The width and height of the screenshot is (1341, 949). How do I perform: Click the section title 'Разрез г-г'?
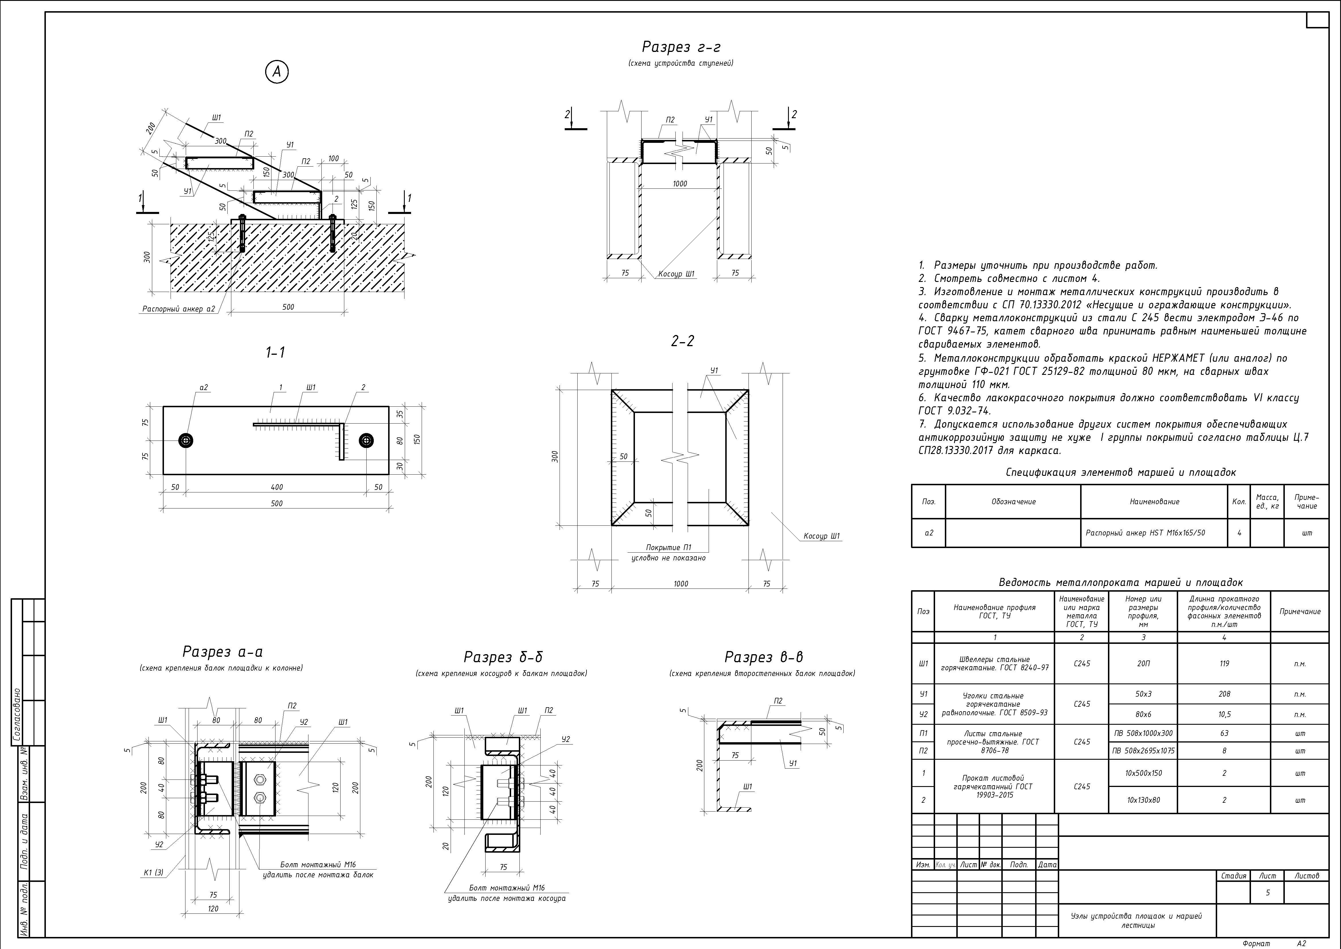tap(681, 47)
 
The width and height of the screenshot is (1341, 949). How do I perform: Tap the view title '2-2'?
tap(682, 341)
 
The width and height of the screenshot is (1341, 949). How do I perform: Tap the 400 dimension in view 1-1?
tap(277, 487)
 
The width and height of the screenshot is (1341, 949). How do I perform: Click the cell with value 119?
tap(1224, 663)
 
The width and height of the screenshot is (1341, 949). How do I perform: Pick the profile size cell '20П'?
tap(1143, 663)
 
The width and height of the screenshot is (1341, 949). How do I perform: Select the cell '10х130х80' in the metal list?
tap(1143, 800)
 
